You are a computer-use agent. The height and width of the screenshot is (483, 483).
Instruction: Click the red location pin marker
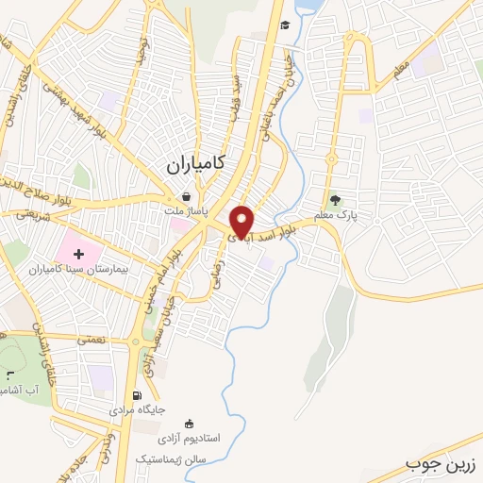(x=242, y=221)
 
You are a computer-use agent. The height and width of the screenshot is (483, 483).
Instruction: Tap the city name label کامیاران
(x=194, y=163)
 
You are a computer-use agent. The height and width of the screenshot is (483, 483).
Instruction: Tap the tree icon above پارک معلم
(x=334, y=200)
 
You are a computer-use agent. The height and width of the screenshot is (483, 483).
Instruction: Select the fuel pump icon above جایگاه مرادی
(x=139, y=395)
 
